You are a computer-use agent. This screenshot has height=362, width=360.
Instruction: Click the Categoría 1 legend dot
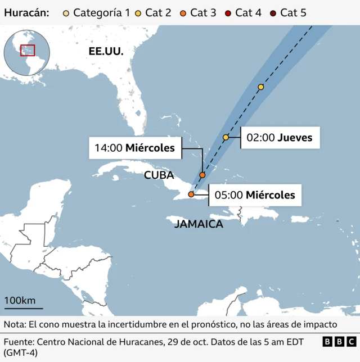pyautogui.click(x=66, y=12)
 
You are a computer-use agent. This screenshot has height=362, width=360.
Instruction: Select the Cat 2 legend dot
pyautogui.click(x=138, y=12)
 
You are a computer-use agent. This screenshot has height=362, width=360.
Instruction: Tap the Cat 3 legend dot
pyautogui.click(x=183, y=12)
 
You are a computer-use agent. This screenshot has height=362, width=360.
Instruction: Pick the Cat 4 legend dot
pyautogui.click(x=228, y=12)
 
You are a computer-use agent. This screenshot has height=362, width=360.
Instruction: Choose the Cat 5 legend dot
pyautogui.click(x=273, y=12)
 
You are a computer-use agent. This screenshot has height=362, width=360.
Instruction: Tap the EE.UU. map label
pyautogui.click(x=106, y=51)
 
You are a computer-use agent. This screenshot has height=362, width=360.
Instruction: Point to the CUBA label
pyautogui.click(x=159, y=175)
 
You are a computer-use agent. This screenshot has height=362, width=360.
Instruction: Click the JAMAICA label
pyautogui.click(x=199, y=224)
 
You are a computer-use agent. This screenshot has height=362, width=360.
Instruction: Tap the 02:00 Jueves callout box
pyautogui.click(x=280, y=137)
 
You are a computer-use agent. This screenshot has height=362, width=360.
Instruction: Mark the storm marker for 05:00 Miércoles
pyautogui.click(x=191, y=194)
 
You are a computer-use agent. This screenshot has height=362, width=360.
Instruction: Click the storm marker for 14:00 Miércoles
pyautogui.click(x=202, y=175)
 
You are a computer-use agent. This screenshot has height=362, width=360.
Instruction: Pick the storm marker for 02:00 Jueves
pyautogui.click(x=226, y=137)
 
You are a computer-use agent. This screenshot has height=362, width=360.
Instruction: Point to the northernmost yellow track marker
pyautogui.click(x=261, y=87)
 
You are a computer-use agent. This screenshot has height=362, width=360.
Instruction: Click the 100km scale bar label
pyautogui.click(x=20, y=300)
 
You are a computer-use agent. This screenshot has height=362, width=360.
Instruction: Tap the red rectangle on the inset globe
pyautogui.click(x=28, y=50)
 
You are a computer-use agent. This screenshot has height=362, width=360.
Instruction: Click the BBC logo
pyautogui.click(x=339, y=341)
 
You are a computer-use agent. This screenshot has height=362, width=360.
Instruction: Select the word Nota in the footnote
pyautogui.click(x=14, y=324)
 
